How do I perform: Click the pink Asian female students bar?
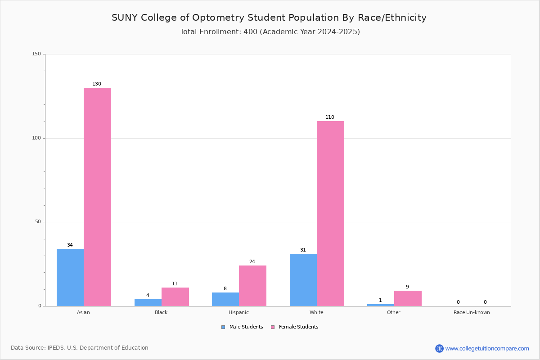click(97, 197)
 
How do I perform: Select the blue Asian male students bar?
click(70, 277)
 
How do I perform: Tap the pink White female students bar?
click(330, 213)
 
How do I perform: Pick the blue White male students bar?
click(303, 280)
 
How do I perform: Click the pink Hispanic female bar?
click(252, 286)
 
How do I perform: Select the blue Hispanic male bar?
click(225, 299)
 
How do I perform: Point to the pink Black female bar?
click(175, 297)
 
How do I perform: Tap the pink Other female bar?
click(408, 298)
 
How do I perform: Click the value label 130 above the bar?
click(97, 84)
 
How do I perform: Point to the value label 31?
click(303, 250)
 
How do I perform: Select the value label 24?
click(252, 262)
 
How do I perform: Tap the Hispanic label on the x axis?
click(238, 312)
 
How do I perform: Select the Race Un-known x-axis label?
click(472, 312)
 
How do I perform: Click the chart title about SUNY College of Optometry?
click(269, 18)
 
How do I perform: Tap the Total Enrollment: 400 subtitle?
click(270, 32)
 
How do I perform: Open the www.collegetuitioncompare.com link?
click(487, 348)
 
